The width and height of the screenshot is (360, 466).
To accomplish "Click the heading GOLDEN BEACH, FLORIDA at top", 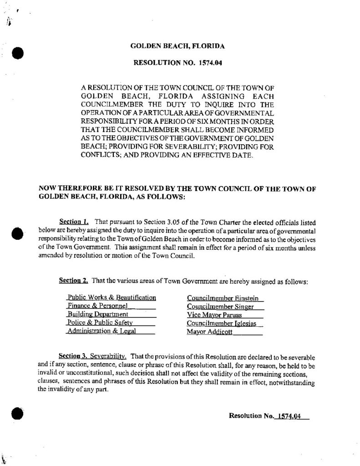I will click(x=177, y=46).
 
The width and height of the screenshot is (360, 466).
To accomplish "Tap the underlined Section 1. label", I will click(x=74, y=222).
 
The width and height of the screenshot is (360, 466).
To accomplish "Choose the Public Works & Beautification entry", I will click(x=112, y=298).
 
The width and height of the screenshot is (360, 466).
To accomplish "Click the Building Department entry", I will click(x=97, y=314).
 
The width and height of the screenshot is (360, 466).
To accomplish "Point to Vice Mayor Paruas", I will click(x=214, y=314).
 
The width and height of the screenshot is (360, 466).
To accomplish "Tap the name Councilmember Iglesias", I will click(x=222, y=323).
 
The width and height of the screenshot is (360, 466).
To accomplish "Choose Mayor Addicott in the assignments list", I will click(x=209, y=332).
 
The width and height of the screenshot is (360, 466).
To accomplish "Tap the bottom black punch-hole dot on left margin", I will click(x=18, y=414).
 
